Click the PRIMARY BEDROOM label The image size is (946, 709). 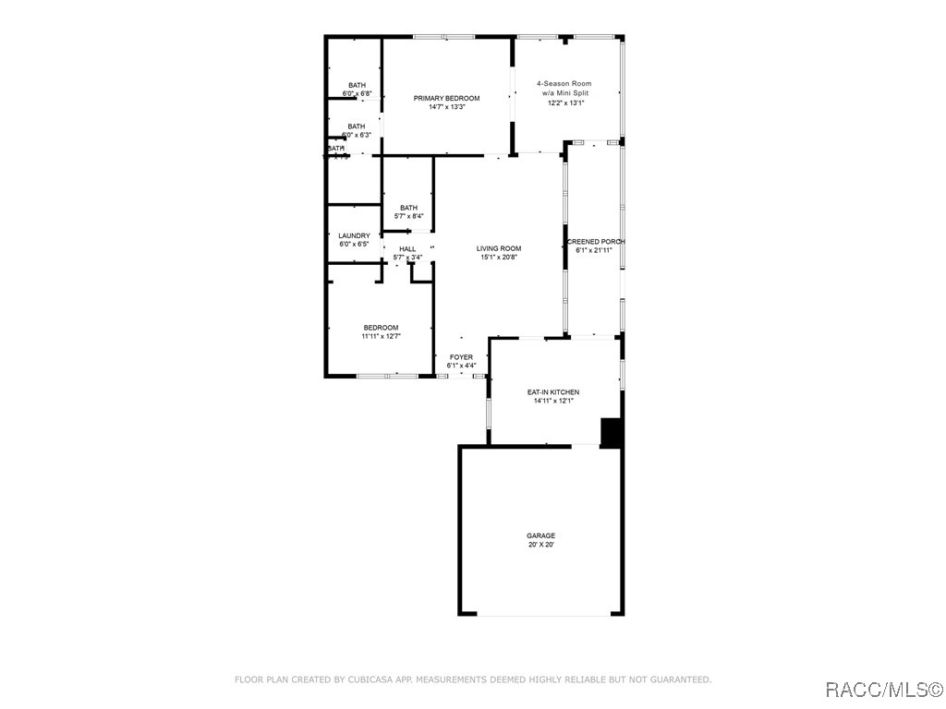pyautogui.click(x=446, y=99)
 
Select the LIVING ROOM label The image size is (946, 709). pyautogui.click(x=499, y=248)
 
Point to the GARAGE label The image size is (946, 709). pyautogui.click(x=540, y=535)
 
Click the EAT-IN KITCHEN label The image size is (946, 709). pyautogui.click(x=553, y=392)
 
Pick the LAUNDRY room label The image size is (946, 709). pyautogui.click(x=354, y=236)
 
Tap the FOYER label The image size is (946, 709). pyautogui.click(x=461, y=357)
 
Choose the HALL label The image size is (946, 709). pyautogui.click(x=407, y=249)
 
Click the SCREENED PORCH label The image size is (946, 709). pyautogui.click(x=595, y=242)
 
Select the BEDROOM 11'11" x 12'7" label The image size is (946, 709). pyautogui.click(x=381, y=328)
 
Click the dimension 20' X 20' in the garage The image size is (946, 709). pyautogui.click(x=540, y=545)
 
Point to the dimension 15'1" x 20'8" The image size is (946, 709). pyautogui.click(x=499, y=258)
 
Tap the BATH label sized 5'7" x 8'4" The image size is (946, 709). pyautogui.click(x=408, y=208)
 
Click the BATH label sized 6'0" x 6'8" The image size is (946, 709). pyautogui.click(x=357, y=85)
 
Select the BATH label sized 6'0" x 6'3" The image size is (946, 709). pyautogui.click(x=357, y=126)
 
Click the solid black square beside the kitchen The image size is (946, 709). pyautogui.click(x=611, y=432)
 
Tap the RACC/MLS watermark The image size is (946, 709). pyautogui.click(x=881, y=690)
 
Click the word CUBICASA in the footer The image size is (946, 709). pyautogui.click(x=374, y=679)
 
